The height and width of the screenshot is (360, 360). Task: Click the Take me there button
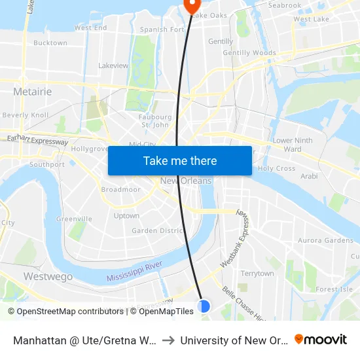180,161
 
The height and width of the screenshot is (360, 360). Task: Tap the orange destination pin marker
192,5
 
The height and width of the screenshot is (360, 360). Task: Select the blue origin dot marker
204,306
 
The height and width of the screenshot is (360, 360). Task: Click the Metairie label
32,92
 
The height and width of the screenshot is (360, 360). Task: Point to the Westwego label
48,276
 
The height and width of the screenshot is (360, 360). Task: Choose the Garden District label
156,230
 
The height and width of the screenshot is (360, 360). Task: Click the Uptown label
126,215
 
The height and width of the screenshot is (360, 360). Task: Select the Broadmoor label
120,189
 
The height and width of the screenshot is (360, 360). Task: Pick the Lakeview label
113,65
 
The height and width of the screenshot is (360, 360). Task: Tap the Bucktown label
50,43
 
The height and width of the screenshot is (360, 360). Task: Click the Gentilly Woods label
249,53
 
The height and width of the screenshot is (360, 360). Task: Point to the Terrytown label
257,274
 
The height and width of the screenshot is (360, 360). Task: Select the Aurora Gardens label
325,241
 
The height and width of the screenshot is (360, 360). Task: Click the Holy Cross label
276,168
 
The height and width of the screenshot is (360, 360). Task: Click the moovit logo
321,340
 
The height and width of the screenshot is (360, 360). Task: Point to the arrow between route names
169,340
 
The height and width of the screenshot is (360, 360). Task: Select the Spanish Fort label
162,29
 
